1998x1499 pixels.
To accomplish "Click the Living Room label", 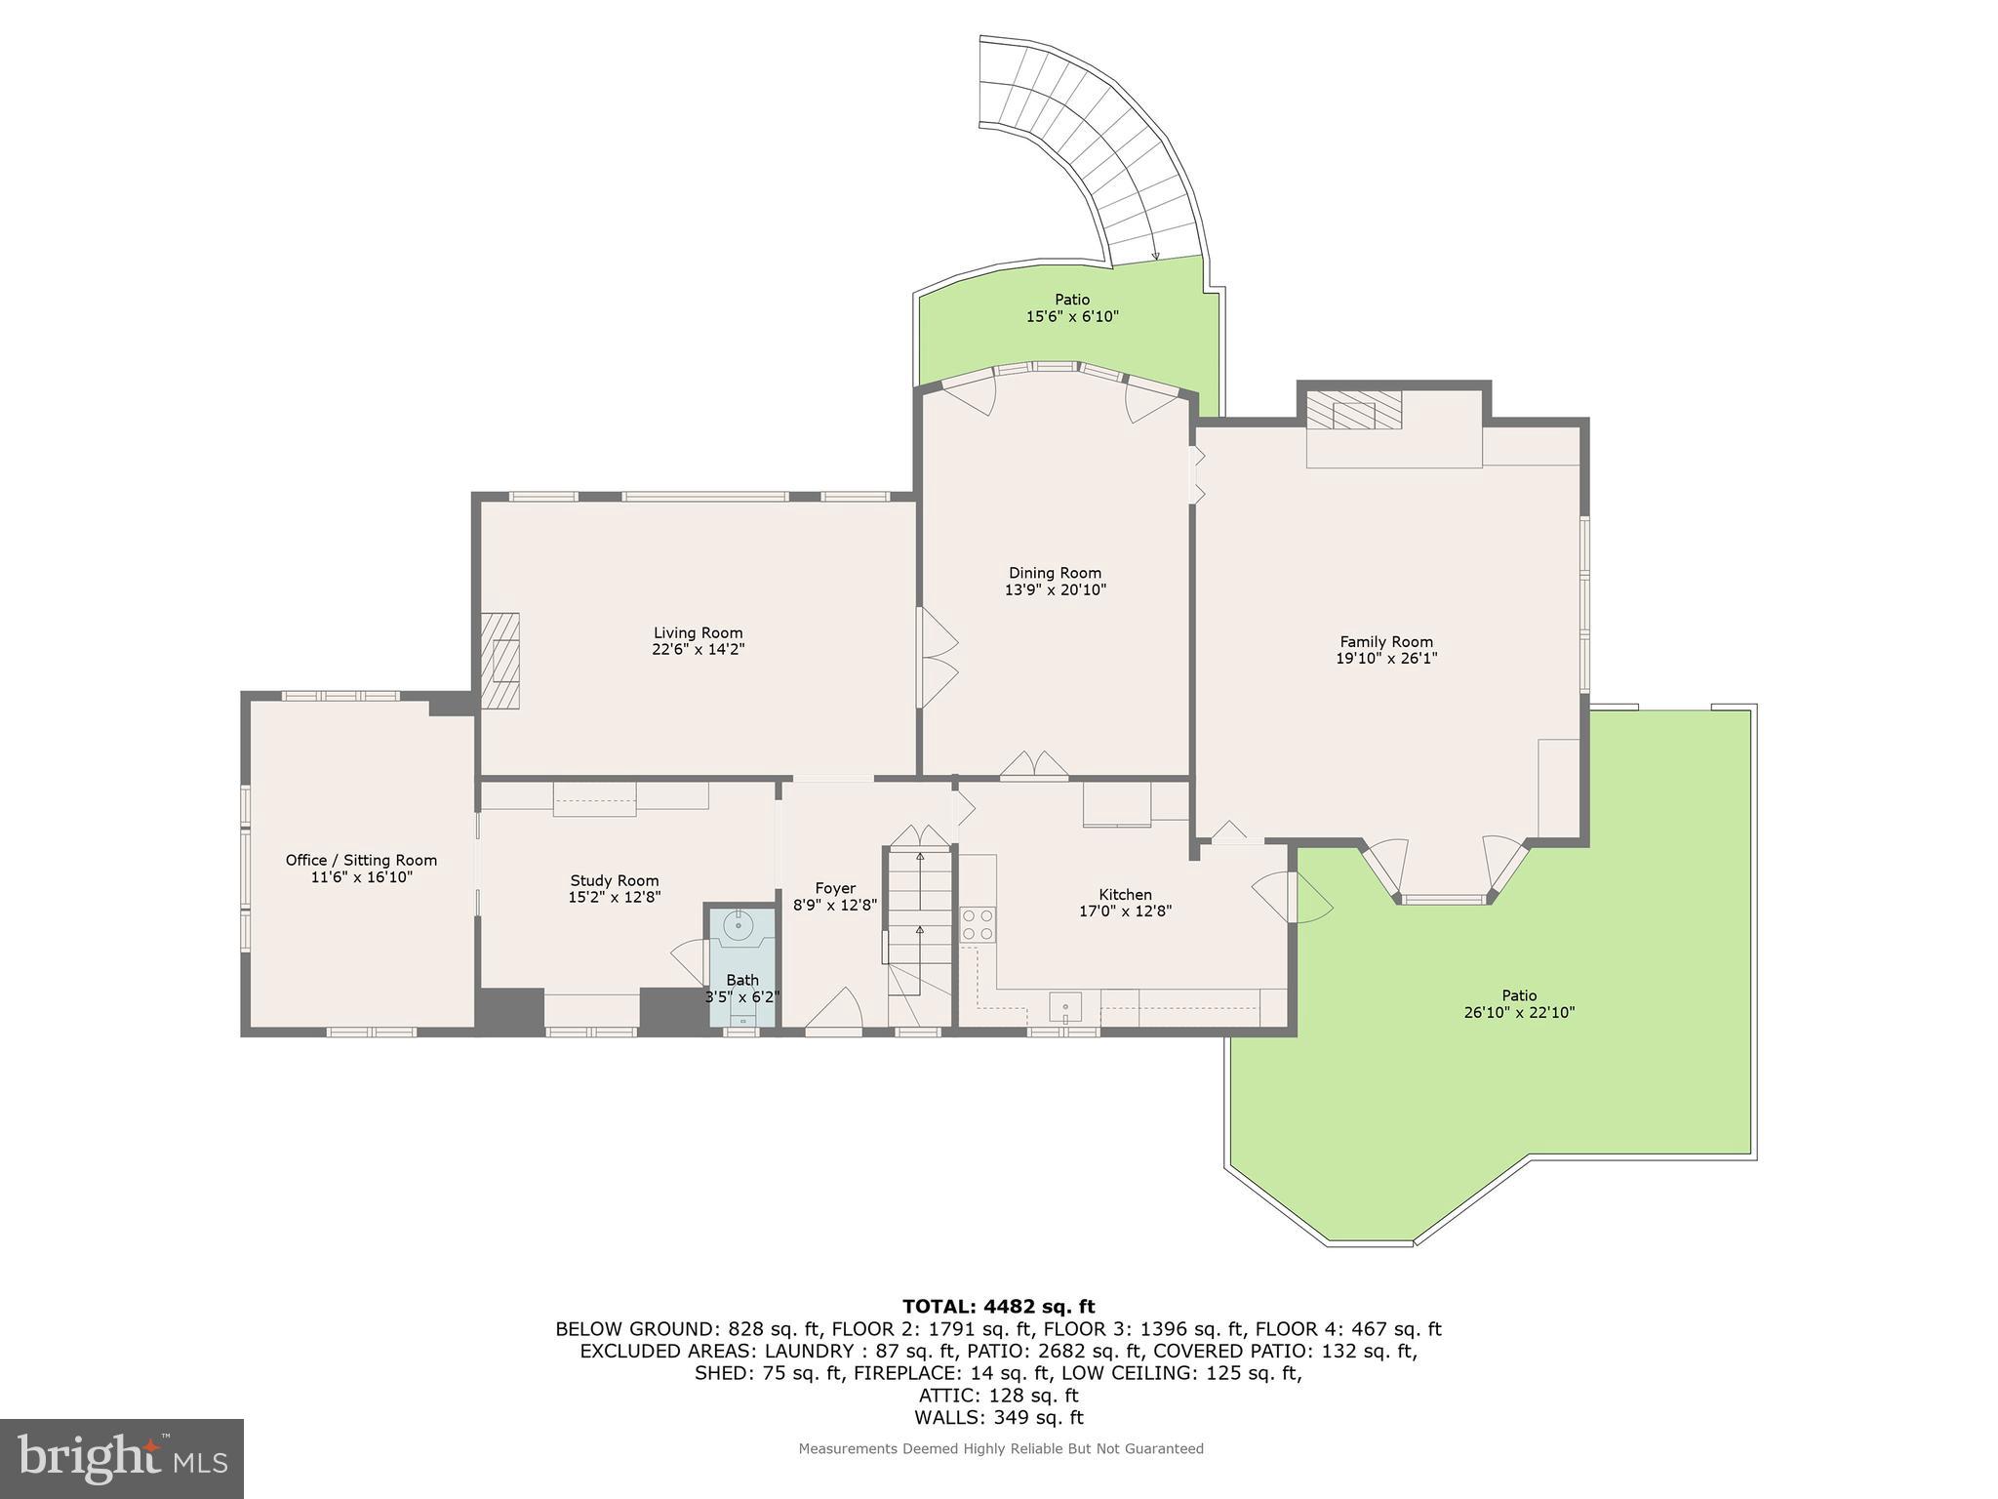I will click(698, 632).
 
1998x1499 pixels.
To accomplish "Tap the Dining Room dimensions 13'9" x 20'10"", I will click(1055, 589).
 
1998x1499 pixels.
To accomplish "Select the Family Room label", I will click(1385, 641).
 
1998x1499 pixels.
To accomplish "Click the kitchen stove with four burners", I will click(978, 924).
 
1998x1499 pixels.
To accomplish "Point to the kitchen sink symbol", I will click(1065, 1005).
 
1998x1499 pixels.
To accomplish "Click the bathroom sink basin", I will click(740, 923).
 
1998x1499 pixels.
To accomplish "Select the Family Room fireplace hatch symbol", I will click(1353, 410).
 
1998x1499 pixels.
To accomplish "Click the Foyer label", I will click(835, 888).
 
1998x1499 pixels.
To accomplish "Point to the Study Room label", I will click(615, 880).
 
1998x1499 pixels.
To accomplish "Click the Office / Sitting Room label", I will click(361, 860).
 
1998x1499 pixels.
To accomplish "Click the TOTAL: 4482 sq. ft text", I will click(998, 1306).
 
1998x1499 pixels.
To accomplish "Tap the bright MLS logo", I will click(122, 1459).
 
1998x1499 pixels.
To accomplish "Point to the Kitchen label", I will click(1125, 894).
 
